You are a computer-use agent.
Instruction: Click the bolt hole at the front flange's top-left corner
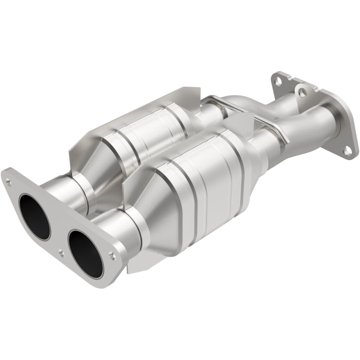(x=9, y=183)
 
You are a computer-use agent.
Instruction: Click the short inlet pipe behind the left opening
(x=67, y=189)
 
